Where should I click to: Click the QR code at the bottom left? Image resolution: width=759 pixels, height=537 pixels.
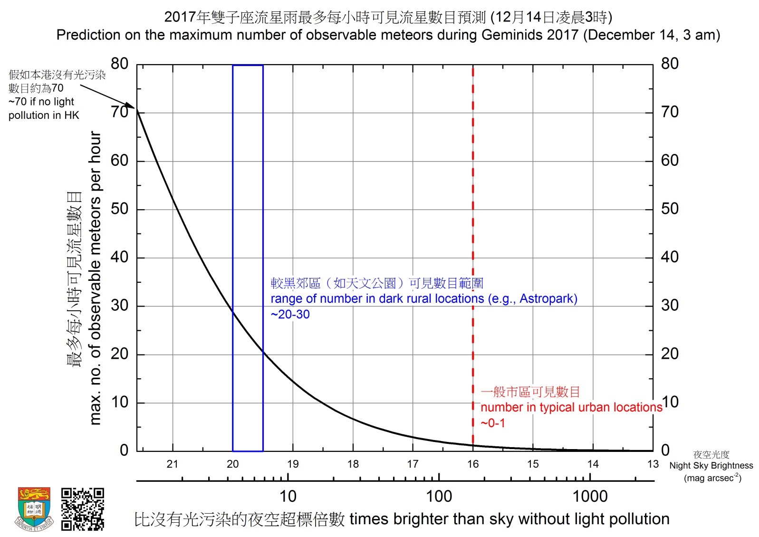(x=82, y=508)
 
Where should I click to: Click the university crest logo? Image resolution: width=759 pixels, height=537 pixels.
(x=34, y=508)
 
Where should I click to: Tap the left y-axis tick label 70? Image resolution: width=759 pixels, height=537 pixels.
(x=119, y=112)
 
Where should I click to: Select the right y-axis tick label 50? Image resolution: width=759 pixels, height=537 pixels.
(x=670, y=209)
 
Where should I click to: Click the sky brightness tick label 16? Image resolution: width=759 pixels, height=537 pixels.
(x=473, y=464)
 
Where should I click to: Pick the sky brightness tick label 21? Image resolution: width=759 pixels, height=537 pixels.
(x=173, y=464)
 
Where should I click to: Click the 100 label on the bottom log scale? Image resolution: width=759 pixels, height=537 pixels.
(x=439, y=497)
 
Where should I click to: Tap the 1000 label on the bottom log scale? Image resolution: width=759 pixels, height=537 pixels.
(x=590, y=497)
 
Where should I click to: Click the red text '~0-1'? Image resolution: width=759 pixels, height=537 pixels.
(x=493, y=423)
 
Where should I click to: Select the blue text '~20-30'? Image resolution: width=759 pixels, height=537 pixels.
(x=290, y=315)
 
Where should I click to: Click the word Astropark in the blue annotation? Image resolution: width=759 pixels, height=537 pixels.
(x=547, y=299)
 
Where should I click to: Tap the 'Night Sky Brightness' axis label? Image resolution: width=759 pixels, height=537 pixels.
(x=711, y=466)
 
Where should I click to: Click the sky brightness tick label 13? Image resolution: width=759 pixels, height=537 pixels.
(x=653, y=464)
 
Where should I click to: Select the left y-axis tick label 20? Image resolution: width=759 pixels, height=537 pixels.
(x=119, y=354)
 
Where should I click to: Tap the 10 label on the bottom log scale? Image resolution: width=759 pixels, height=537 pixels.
(x=288, y=497)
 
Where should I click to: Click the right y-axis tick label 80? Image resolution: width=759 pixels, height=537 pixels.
(x=670, y=64)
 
